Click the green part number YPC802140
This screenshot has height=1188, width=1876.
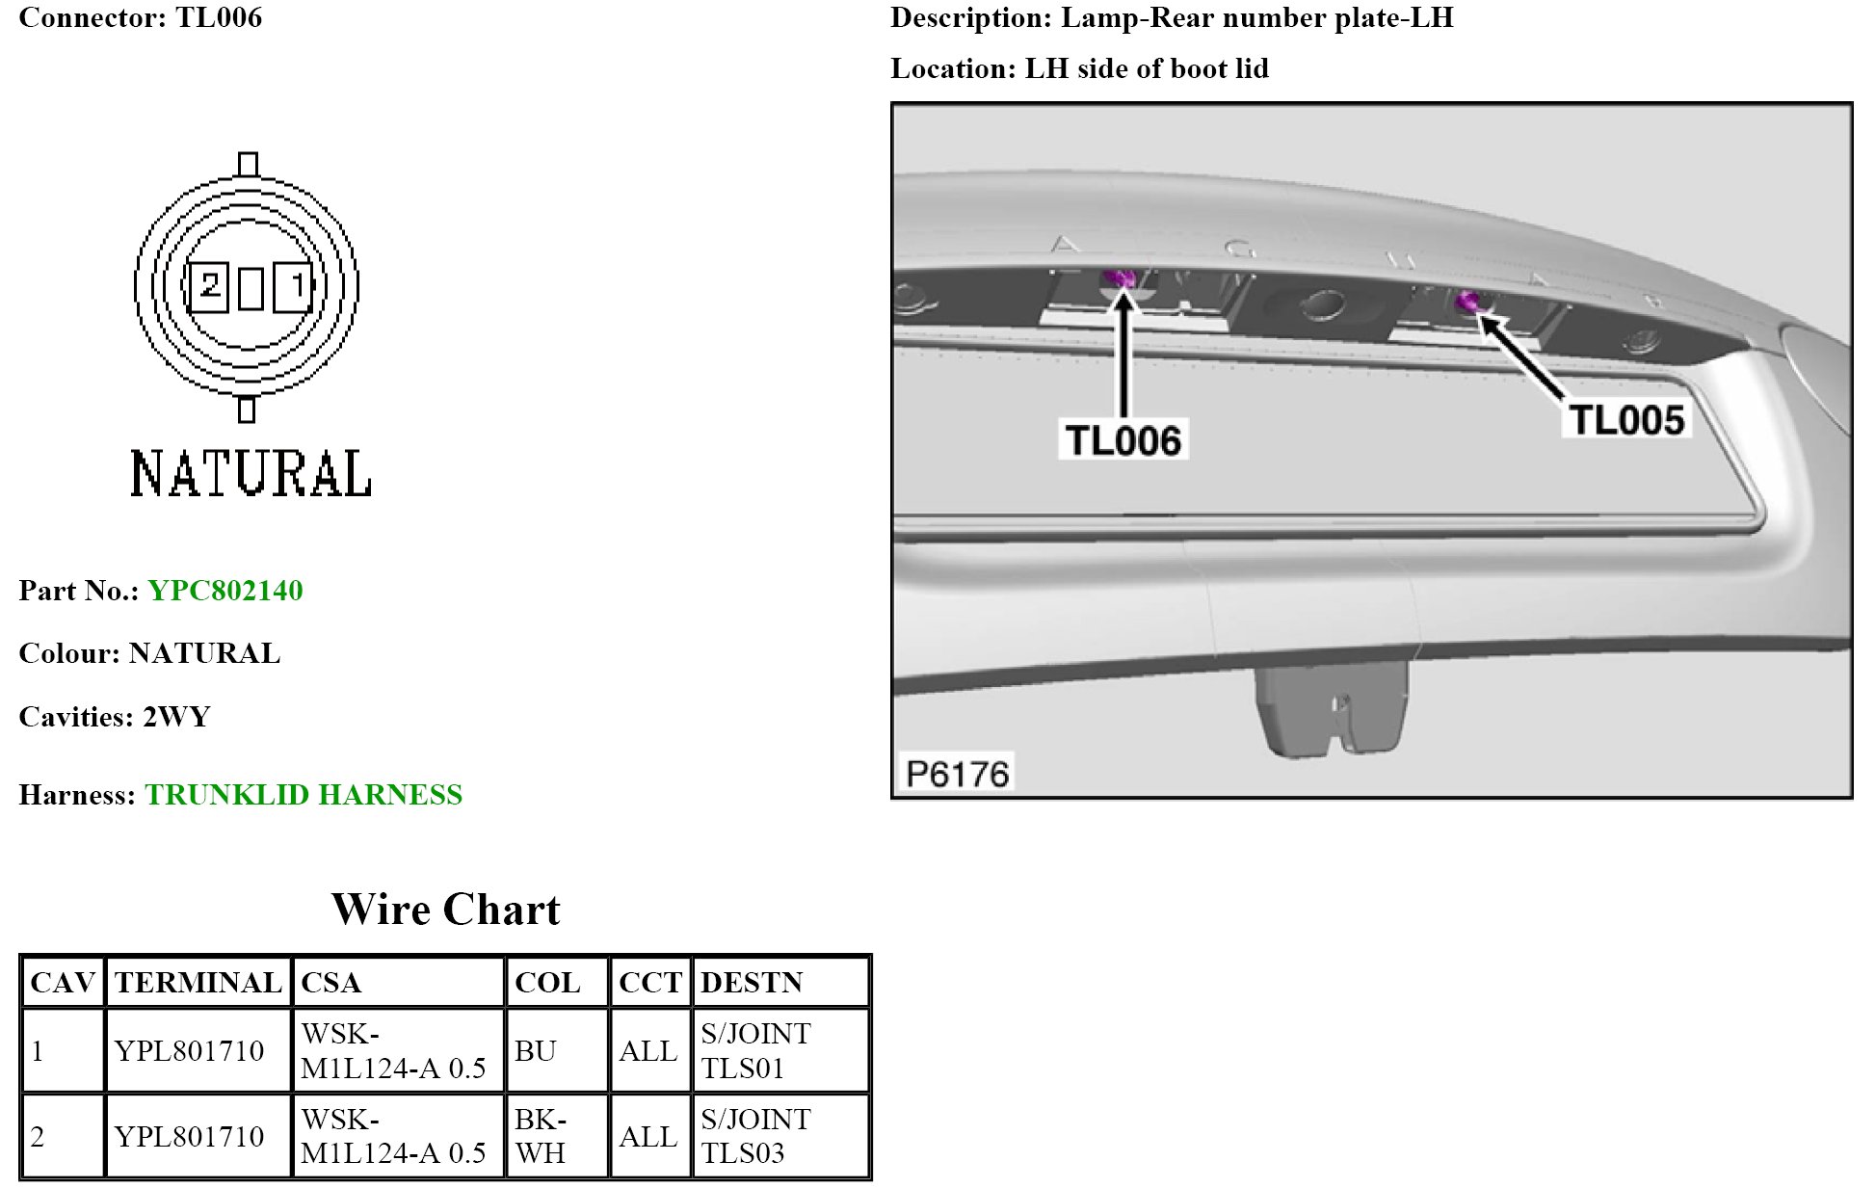tap(225, 591)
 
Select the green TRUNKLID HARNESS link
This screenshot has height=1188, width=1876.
tap(304, 795)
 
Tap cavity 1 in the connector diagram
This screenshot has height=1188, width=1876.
tap(294, 287)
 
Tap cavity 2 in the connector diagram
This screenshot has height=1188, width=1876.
tap(208, 287)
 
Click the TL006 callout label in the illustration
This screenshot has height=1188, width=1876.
tap(1123, 440)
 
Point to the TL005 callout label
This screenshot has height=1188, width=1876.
tap(1625, 420)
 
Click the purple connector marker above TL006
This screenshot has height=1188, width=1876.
tap(1119, 279)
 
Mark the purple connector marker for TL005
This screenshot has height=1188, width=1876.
tap(1467, 302)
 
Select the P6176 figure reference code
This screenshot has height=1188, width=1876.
tap(958, 774)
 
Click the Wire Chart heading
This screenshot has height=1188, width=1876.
tap(445, 910)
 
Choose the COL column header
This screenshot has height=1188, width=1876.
tap(547, 983)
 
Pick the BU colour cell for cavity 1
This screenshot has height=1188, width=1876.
tap(536, 1051)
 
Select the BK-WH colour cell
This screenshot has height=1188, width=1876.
tap(541, 1136)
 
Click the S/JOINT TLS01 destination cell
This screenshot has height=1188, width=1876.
tap(755, 1051)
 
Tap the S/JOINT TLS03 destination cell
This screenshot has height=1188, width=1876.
tap(755, 1136)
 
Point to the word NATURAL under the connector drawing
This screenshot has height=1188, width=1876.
tap(251, 474)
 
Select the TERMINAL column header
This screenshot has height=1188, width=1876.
tap(198, 983)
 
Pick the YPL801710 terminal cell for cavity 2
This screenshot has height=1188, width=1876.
tap(189, 1137)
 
